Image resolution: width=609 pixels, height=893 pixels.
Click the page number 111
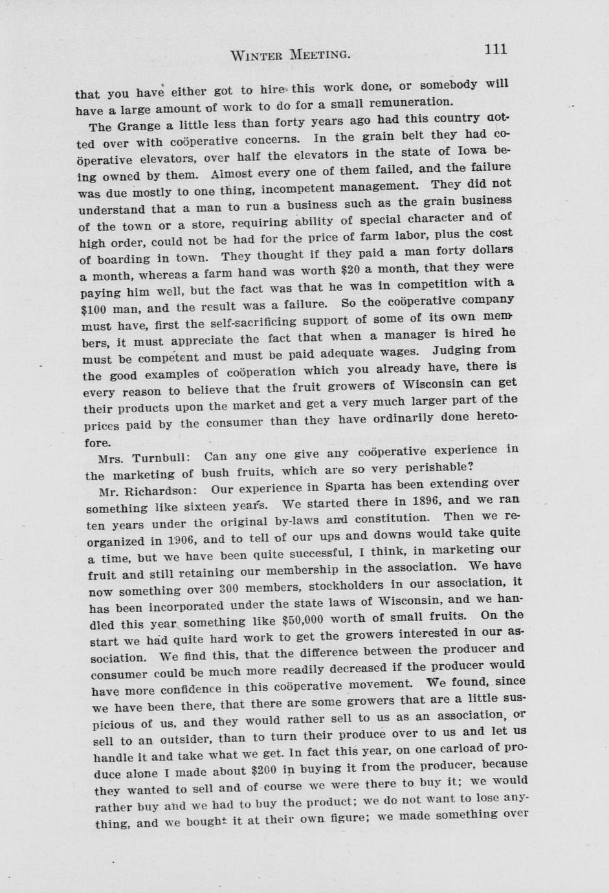(494, 50)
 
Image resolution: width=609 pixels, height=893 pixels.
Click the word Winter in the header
(256, 55)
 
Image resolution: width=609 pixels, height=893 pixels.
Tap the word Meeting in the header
(319, 54)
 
